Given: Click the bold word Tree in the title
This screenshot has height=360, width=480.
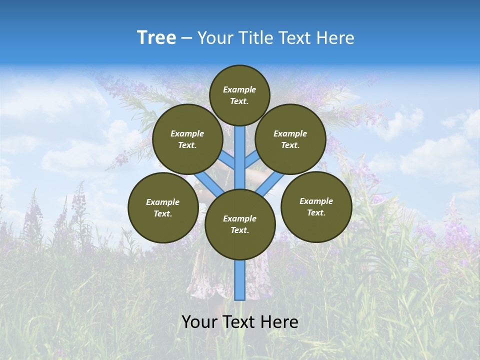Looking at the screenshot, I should click(x=156, y=37).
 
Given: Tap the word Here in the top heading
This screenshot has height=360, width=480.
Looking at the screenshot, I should click(x=335, y=38).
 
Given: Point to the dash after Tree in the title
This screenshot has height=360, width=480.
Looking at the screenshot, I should click(x=186, y=38).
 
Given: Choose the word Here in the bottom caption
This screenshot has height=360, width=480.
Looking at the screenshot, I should click(x=279, y=321).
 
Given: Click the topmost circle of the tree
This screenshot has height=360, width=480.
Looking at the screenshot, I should click(x=239, y=95).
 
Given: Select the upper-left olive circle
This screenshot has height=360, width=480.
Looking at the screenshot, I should click(x=187, y=139).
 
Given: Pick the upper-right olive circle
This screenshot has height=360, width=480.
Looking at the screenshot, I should click(x=290, y=139).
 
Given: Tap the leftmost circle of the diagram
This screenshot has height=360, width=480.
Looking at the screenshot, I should click(x=163, y=207).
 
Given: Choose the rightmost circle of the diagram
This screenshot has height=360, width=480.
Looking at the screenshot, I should click(x=316, y=206).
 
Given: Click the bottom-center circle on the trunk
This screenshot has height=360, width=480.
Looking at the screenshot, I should click(x=240, y=224).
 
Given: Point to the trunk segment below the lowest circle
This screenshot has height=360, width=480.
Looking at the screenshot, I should click(x=240, y=280).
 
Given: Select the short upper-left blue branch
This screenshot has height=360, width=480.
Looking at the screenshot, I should click(x=228, y=160).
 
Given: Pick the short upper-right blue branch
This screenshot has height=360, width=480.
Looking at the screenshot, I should click(x=251, y=160).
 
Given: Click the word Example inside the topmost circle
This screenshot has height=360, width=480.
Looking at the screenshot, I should click(x=239, y=89).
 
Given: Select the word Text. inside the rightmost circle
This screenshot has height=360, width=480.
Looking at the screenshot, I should click(x=316, y=212).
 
